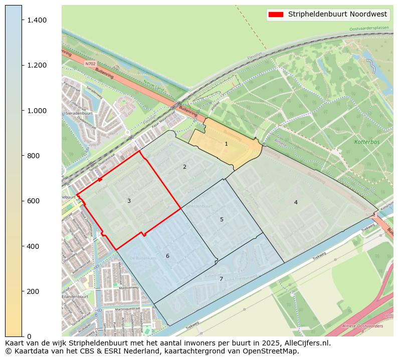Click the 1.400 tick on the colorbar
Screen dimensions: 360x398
point(37,20)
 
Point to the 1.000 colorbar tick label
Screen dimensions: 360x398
point(37,111)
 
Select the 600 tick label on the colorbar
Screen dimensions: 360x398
point(33,201)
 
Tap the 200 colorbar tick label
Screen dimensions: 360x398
point(33,291)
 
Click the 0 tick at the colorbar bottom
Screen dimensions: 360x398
point(29,336)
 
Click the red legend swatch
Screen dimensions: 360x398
point(276,15)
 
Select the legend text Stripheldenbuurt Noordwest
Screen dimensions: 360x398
point(337,15)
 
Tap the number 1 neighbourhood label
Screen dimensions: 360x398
point(226,144)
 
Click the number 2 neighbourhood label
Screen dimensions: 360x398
point(184,167)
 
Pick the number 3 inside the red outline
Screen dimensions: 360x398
point(129,201)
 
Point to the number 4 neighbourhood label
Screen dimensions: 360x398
point(296,202)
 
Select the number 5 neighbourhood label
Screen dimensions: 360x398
point(222,220)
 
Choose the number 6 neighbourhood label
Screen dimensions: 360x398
point(167,256)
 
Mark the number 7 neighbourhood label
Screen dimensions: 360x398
point(221,279)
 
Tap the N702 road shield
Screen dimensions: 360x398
point(90,64)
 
